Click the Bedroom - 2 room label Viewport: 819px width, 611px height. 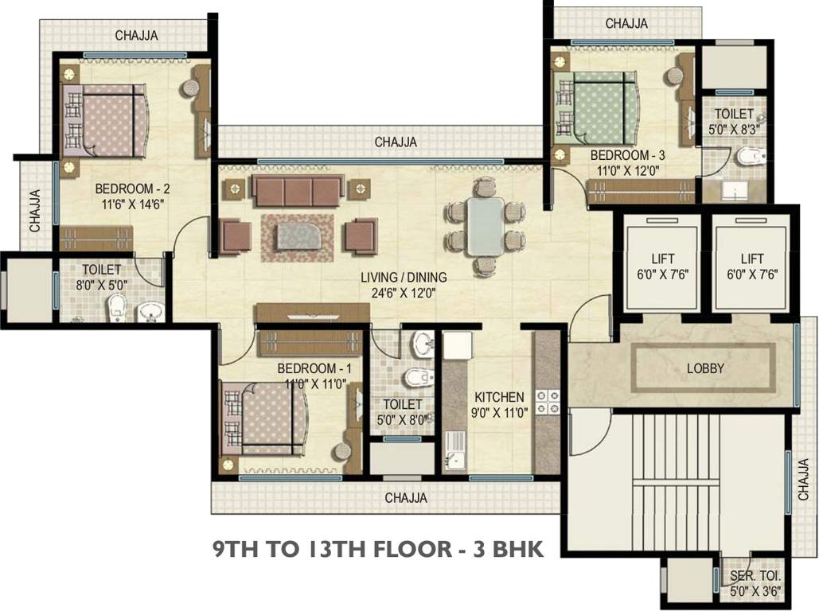[132, 189]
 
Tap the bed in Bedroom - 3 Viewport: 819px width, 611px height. [596, 107]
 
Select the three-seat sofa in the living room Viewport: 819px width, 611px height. [298, 190]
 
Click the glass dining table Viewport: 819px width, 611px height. [486, 226]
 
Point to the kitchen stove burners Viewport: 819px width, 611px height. [548, 402]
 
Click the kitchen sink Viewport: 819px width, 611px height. [455, 452]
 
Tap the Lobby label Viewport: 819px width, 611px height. [705, 368]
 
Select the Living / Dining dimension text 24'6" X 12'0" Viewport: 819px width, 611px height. [404, 293]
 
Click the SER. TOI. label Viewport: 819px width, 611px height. [755, 577]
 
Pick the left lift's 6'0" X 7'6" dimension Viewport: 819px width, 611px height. [662, 274]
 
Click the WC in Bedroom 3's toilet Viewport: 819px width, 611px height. [751, 155]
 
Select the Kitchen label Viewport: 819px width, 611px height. [499, 398]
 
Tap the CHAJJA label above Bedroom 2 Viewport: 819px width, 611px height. [136, 36]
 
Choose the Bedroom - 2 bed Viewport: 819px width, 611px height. [105, 121]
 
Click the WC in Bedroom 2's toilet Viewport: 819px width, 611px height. [116, 308]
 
